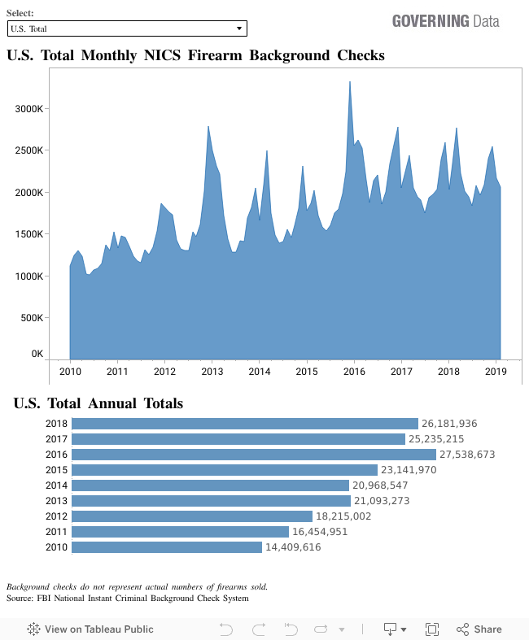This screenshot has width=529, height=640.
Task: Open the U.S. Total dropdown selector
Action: click(x=126, y=28)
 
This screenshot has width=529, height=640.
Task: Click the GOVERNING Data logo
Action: click(x=445, y=21)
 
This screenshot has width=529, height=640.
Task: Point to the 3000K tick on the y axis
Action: click(x=33, y=109)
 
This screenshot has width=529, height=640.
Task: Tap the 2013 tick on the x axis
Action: click(x=212, y=371)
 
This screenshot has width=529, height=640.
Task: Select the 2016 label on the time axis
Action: click(x=354, y=371)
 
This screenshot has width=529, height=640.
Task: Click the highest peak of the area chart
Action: click(x=350, y=82)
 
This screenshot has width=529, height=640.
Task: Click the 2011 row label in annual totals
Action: click(x=56, y=532)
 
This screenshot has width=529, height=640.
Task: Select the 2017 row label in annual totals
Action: click(x=56, y=439)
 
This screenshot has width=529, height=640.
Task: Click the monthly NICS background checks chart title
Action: click(x=195, y=55)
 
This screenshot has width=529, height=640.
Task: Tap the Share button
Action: click(x=479, y=629)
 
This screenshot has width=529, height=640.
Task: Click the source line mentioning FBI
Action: click(x=127, y=598)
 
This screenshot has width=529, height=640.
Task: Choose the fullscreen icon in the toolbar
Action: click(x=432, y=629)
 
